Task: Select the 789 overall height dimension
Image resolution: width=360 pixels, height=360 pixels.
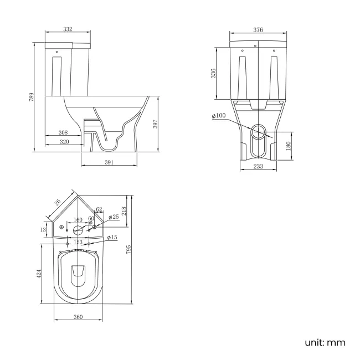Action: pos(32,96)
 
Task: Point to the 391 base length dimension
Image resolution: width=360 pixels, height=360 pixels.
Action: pos(109,162)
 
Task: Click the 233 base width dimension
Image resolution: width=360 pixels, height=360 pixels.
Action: pos(258,167)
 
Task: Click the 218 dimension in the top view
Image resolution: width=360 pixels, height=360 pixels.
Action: pos(125,210)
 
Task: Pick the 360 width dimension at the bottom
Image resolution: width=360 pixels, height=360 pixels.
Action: pos(78,317)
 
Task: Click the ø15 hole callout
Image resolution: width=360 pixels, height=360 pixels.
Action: pos(112,238)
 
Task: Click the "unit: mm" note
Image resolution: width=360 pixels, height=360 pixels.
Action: pos(325,342)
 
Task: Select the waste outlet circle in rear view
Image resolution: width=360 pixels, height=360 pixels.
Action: pos(259,131)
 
